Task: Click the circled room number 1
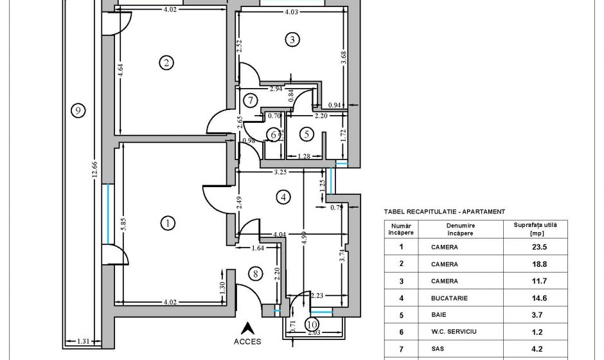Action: click(x=167, y=223)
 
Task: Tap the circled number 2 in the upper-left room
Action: click(x=166, y=62)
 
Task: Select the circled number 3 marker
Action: click(x=292, y=40)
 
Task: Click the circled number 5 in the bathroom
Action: click(x=306, y=134)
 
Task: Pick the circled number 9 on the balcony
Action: click(x=77, y=111)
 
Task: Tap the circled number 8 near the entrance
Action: click(x=256, y=274)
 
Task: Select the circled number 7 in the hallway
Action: click(x=251, y=100)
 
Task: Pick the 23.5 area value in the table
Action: click(x=530, y=246)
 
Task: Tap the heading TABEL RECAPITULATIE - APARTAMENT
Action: click(x=444, y=211)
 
